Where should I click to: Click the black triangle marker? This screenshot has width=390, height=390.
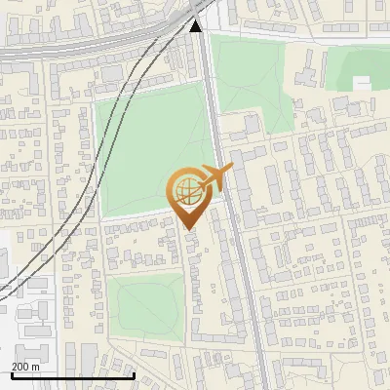coord(195,26)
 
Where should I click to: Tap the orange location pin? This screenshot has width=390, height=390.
coord(188,195)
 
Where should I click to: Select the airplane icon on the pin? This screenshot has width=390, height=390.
coord(215,178)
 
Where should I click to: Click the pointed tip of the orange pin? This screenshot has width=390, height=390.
coord(189,228)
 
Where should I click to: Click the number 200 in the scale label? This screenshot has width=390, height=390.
coord(20,367)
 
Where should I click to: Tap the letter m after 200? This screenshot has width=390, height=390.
coord(36,367)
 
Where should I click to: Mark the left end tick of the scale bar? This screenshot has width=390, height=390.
coord(11,374)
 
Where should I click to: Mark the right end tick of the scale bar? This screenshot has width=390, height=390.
coord(134,374)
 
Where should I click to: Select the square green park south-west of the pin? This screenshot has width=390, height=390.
coord(144,307)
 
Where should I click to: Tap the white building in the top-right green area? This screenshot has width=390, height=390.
coord(363,83)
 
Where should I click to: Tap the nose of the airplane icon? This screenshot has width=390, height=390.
coord(232,168)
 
